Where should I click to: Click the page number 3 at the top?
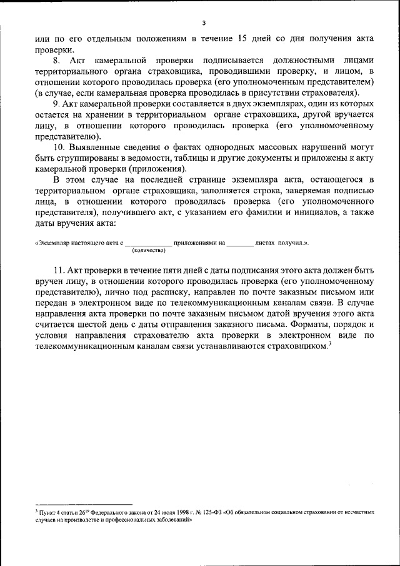click(x=204, y=23)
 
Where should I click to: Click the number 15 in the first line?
click(x=244, y=38)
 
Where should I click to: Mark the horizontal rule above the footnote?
click(x=84, y=504)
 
